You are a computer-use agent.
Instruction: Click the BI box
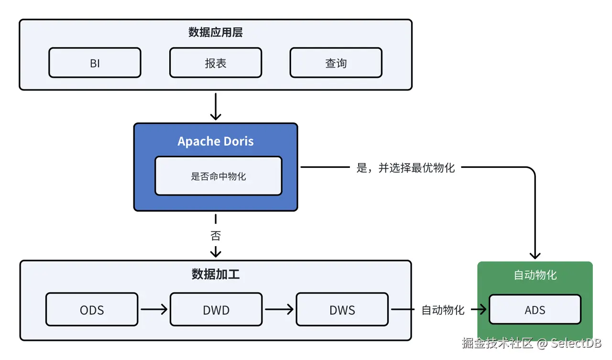(x=95, y=63)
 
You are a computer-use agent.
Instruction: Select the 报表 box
(x=216, y=63)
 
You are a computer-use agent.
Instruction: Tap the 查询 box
(x=336, y=63)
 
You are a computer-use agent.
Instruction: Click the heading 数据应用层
(x=216, y=33)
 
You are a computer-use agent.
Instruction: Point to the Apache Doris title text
(x=216, y=142)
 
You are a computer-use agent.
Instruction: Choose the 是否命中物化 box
(x=219, y=176)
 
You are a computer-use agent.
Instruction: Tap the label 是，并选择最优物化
(x=405, y=168)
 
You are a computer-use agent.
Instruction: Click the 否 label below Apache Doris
(x=216, y=236)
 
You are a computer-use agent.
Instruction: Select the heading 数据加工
(x=216, y=274)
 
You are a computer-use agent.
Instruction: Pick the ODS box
(x=92, y=310)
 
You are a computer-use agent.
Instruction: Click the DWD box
(x=216, y=310)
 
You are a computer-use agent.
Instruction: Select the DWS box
(x=342, y=310)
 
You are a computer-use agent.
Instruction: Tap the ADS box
(x=535, y=310)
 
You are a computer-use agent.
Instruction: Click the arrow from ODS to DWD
(x=154, y=309)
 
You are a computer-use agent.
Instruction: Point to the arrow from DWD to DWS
(x=279, y=309)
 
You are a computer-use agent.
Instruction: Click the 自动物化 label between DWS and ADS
(x=443, y=310)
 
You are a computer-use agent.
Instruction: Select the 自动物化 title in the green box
(x=535, y=275)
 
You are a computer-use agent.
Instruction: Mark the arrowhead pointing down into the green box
(x=535, y=254)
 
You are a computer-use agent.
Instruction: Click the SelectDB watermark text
(x=576, y=343)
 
